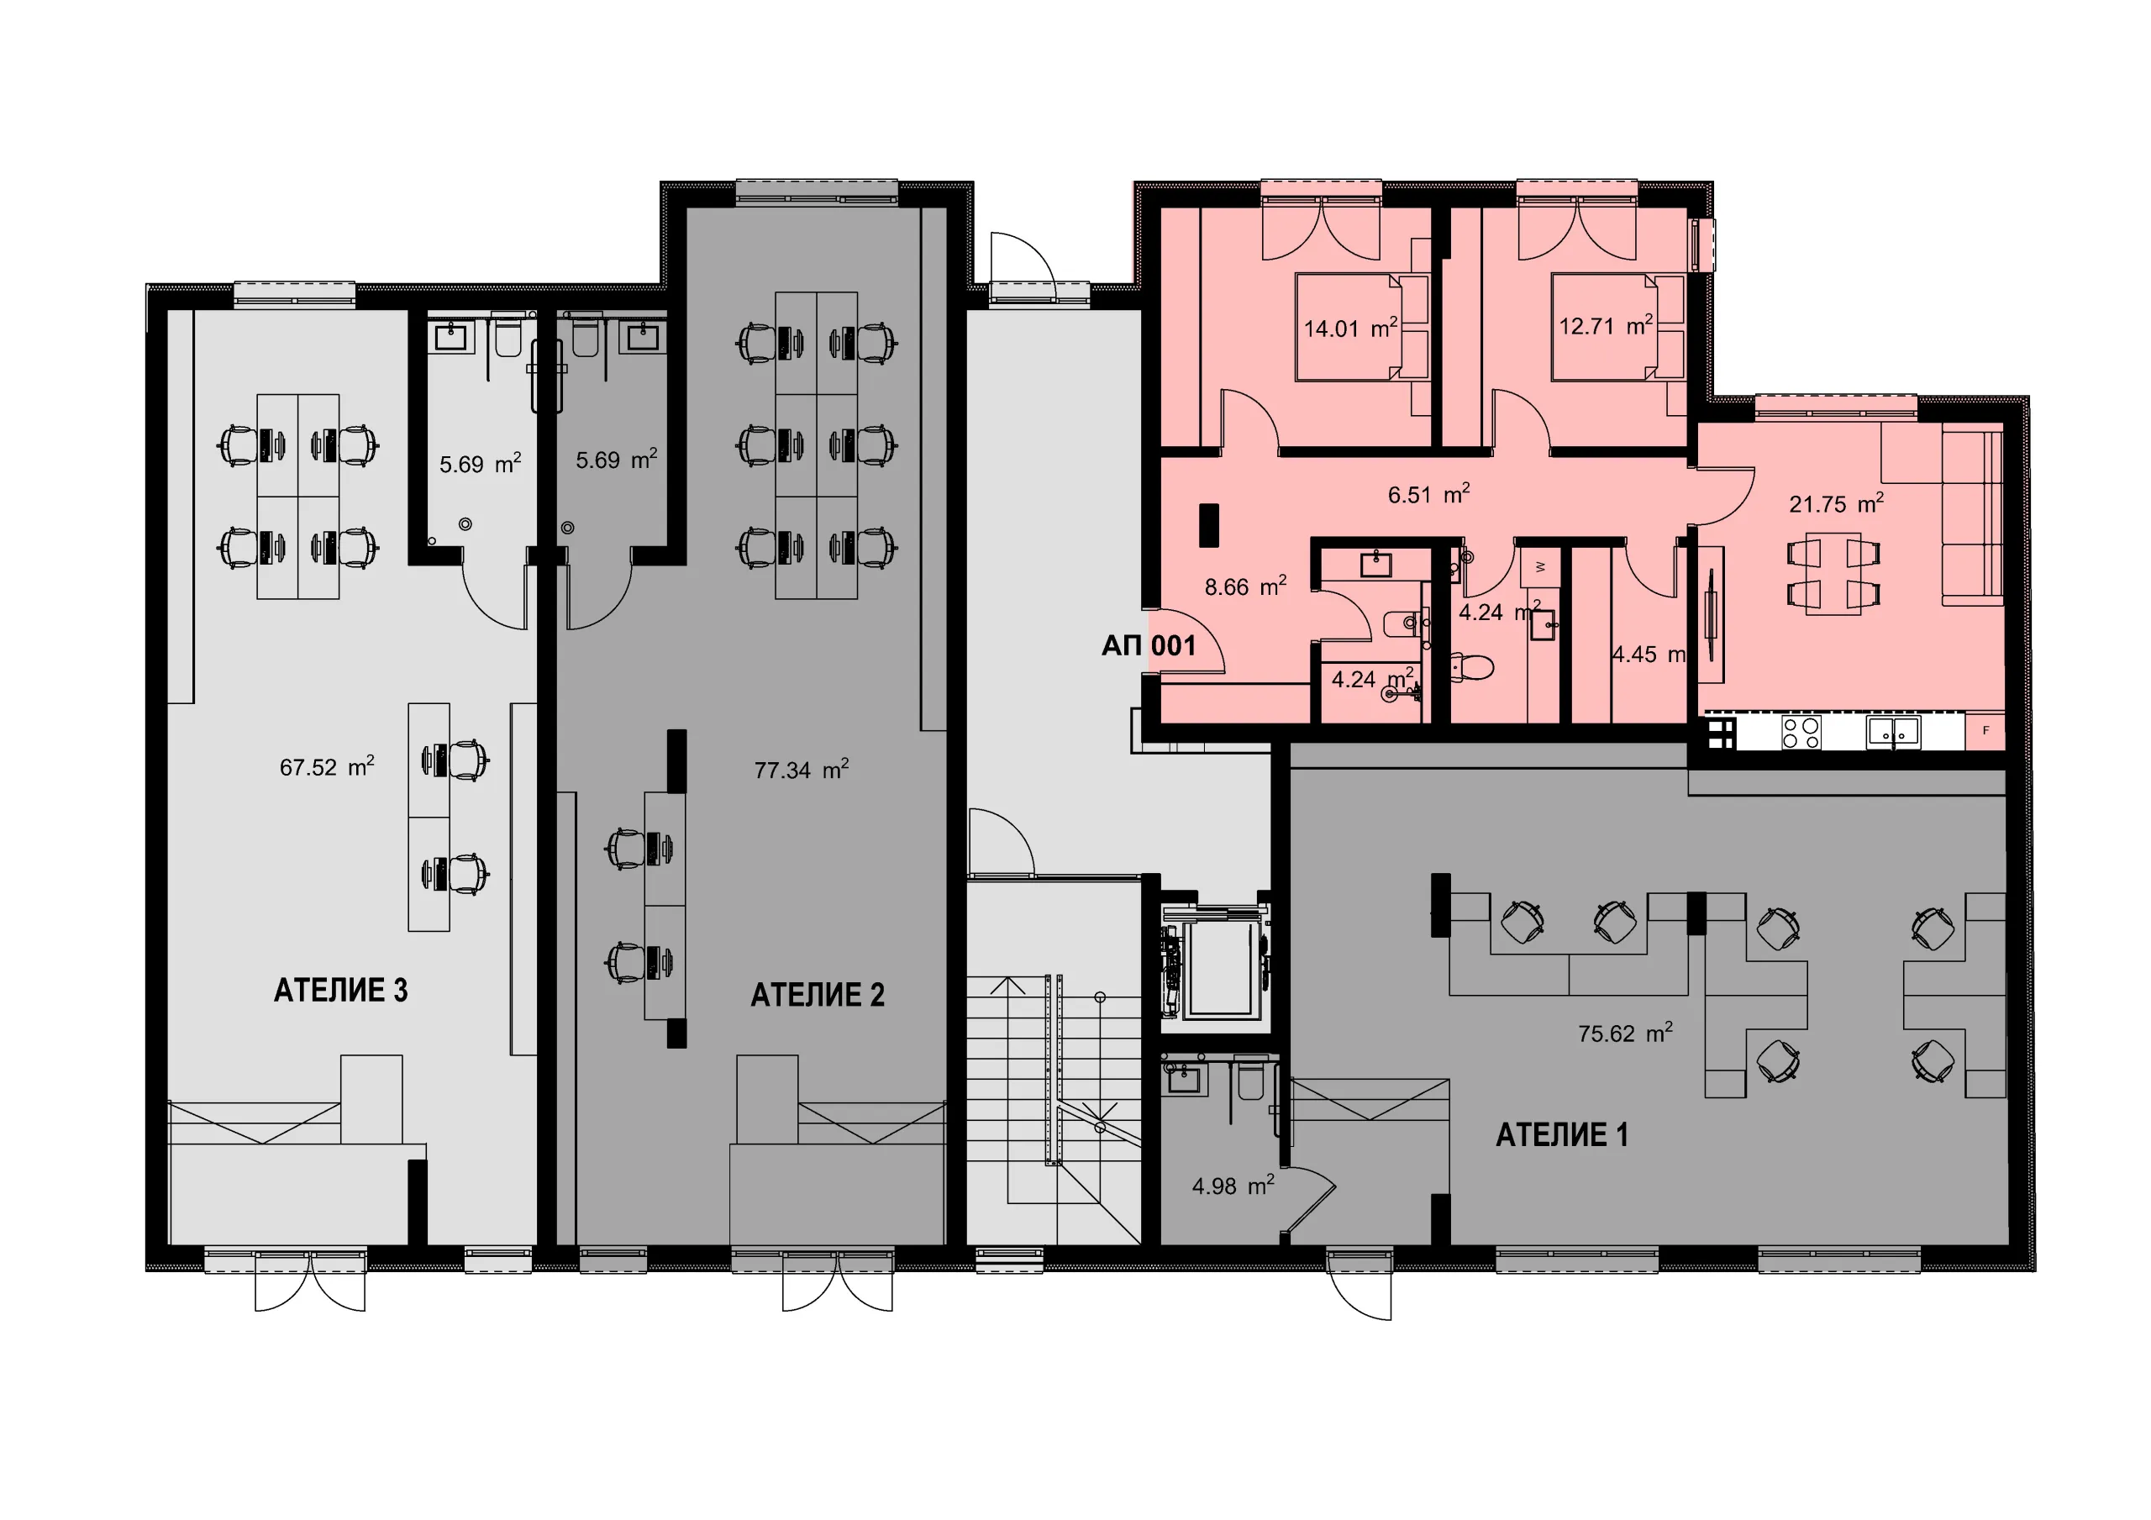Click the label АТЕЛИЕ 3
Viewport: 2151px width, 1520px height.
pyautogui.click(x=340, y=991)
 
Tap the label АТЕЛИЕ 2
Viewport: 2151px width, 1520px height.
pyautogui.click(x=817, y=994)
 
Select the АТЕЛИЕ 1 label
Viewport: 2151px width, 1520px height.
pyautogui.click(x=1562, y=1135)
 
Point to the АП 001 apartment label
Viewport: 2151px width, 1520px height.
pyautogui.click(x=1149, y=645)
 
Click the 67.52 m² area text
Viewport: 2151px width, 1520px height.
pyautogui.click(x=327, y=766)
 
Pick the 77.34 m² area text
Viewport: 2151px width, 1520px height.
pyautogui.click(x=802, y=770)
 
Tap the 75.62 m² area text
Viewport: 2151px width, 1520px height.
pyautogui.click(x=1625, y=1033)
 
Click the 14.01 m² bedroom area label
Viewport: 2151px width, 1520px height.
pyautogui.click(x=1351, y=328)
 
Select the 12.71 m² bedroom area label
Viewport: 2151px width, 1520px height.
pyautogui.click(x=1606, y=325)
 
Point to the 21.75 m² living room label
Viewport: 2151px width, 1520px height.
pyautogui.click(x=1836, y=503)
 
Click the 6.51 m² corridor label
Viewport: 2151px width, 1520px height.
pyautogui.click(x=1428, y=494)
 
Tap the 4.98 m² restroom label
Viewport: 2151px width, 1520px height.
pyautogui.click(x=1233, y=1186)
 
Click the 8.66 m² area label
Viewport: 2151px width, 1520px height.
pyautogui.click(x=1245, y=586)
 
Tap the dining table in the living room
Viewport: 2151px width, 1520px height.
pyautogui.click(x=1834, y=574)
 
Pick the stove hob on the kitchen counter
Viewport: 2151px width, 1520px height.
pyautogui.click(x=1801, y=732)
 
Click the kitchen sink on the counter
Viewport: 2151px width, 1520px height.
pyautogui.click(x=1893, y=731)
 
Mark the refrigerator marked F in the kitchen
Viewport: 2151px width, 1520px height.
pyautogui.click(x=1985, y=731)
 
